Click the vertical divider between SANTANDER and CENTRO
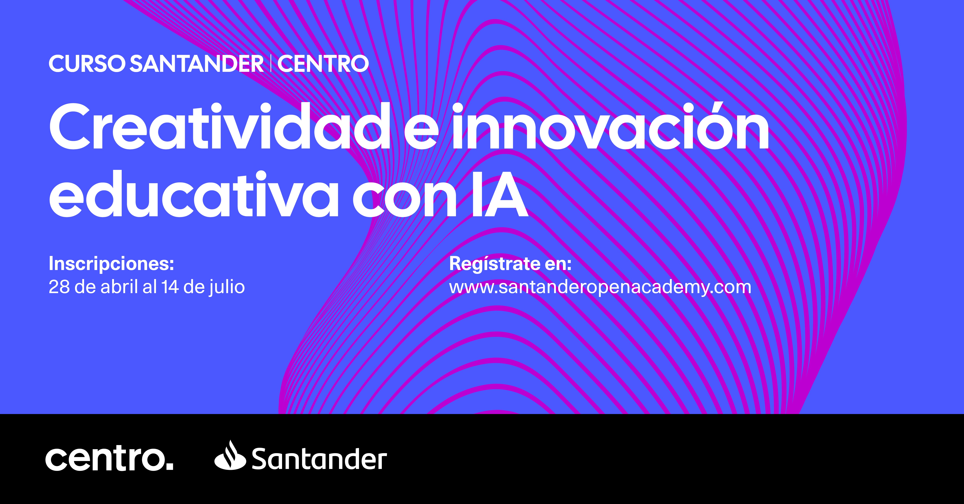point(270,64)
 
